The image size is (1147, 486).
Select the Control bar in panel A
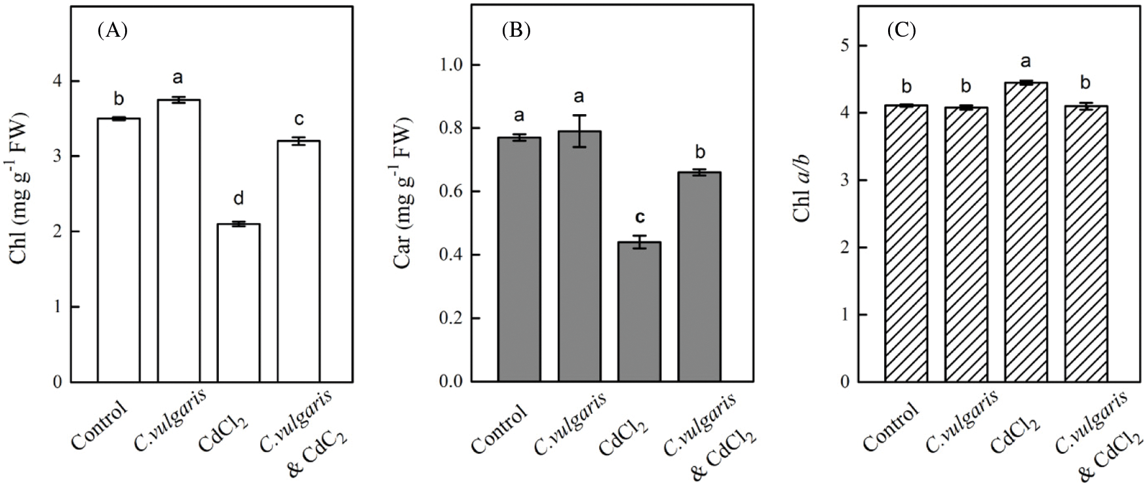tap(119, 250)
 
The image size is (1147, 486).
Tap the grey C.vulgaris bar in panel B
tap(579, 256)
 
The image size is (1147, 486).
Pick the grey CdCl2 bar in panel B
tap(640, 312)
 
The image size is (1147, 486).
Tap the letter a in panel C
tap(1026, 62)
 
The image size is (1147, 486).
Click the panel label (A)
tap(112, 31)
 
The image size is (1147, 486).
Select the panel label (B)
tap(516, 31)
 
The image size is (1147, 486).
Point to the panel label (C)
tap(901, 31)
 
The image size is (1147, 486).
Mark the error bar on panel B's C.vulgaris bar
tap(579, 131)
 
